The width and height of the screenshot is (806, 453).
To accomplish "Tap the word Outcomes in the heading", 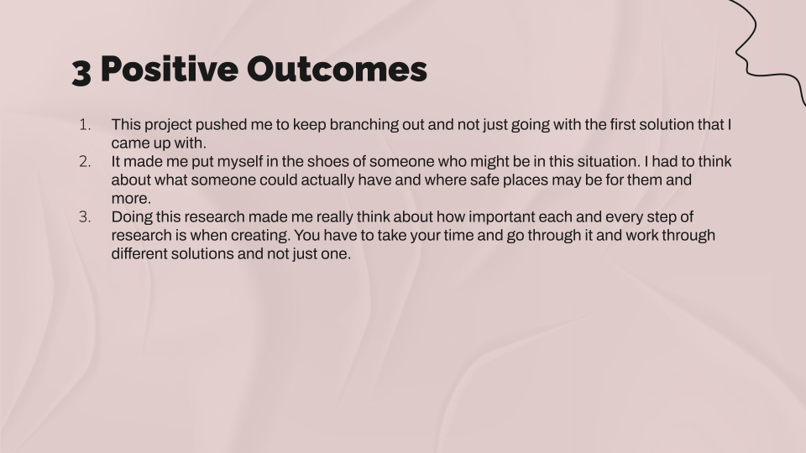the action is pos(337,69).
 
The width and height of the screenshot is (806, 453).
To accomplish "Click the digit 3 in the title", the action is pos(81,72).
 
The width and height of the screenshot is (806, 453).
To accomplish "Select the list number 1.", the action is pos(85,125).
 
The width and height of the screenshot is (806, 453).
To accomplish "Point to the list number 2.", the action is pos(85,162).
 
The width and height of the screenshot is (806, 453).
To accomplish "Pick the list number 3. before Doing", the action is pos(85,217).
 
